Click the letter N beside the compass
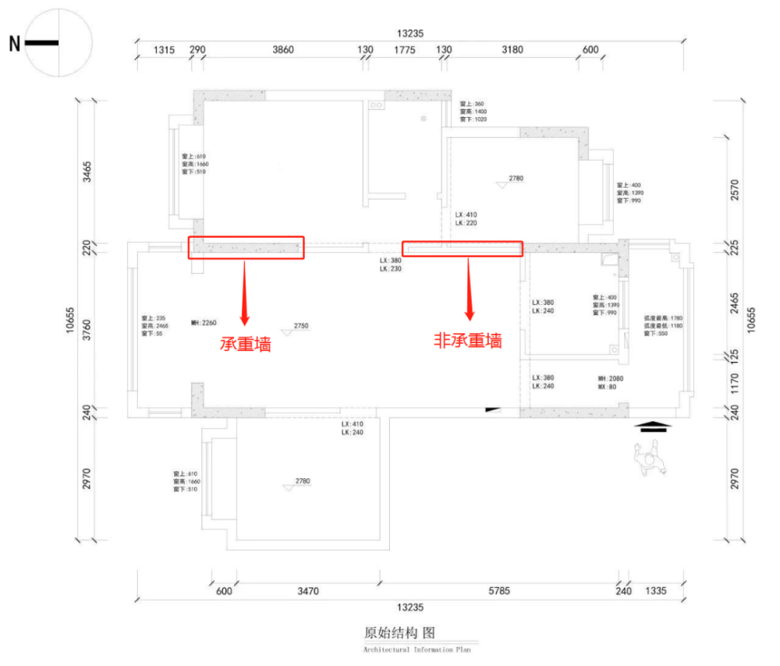click(14, 44)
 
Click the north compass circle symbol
click(59, 44)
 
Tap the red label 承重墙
click(246, 343)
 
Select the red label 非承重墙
click(468, 340)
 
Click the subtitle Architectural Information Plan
click(417, 649)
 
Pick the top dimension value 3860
click(282, 49)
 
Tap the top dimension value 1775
click(404, 49)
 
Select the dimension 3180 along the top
click(512, 49)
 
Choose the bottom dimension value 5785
click(499, 591)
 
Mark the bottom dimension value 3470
click(308, 591)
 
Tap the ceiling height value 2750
click(301, 326)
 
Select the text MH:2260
click(203, 321)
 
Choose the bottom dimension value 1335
click(656, 591)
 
